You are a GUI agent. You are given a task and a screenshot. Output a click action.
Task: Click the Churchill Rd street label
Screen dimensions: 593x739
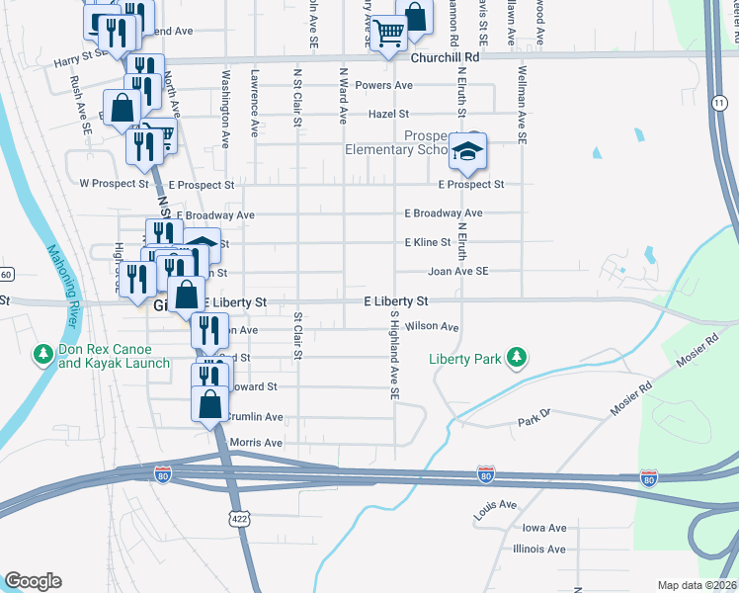(x=445, y=57)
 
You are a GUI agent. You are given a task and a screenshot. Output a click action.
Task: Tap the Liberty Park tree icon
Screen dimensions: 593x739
(x=515, y=357)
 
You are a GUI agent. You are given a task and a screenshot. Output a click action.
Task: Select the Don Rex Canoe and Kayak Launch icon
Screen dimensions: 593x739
(x=43, y=353)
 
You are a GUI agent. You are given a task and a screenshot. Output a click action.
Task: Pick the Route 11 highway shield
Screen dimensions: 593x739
(x=716, y=103)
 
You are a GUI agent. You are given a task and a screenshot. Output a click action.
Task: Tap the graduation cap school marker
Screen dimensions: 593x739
(x=467, y=151)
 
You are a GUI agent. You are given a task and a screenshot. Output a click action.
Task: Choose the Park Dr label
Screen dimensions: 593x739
(x=533, y=423)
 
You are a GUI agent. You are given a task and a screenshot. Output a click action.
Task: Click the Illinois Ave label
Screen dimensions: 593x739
(x=538, y=550)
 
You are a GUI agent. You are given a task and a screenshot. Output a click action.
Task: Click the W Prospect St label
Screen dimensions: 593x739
(x=114, y=184)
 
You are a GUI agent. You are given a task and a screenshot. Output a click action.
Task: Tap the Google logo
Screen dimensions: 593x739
(x=33, y=581)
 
